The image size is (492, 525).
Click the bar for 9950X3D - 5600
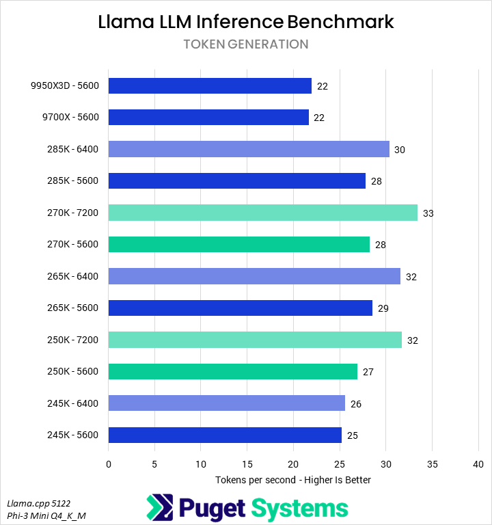coord(210,86)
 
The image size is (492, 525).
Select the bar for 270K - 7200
coord(263,213)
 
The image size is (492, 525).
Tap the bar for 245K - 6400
coord(227,403)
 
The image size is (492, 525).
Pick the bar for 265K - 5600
coord(241,308)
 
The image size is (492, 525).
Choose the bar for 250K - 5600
coord(233,372)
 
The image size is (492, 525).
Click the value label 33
coord(428,213)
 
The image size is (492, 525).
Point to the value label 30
coord(400,150)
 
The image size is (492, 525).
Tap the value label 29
coord(383,308)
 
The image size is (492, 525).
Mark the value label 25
coord(353,435)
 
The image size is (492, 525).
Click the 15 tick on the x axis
coord(247,464)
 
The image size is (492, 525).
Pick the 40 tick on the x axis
coord(478,464)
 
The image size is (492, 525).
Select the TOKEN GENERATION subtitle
coord(246,44)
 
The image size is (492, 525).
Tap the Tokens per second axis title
coord(293,480)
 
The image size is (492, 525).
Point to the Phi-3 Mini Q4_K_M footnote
coord(47,515)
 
